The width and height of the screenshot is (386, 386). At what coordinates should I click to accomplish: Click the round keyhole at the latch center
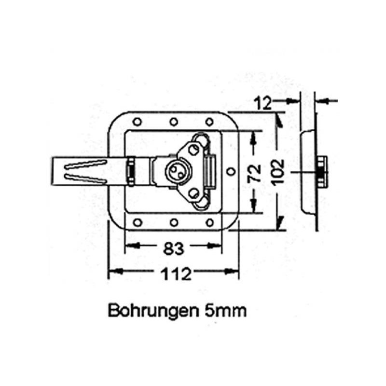174,170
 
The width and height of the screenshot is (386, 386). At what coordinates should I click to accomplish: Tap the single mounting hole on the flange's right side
231,172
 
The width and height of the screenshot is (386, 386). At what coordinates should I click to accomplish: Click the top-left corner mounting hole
137,121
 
